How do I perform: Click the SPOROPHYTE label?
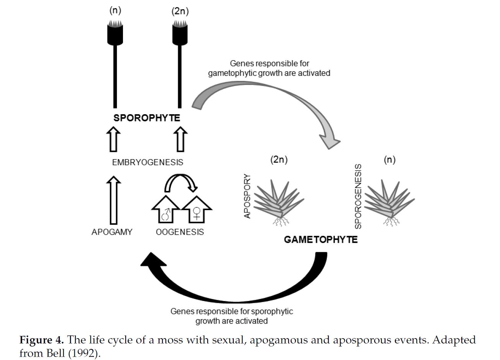point(146,118)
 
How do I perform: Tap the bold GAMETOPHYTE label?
point(320,240)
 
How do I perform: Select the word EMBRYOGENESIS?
point(148,162)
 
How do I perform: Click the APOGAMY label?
point(112,232)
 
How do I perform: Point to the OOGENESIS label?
point(180,232)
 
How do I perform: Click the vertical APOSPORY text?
point(248,197)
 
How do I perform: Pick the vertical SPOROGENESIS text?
point(358,196)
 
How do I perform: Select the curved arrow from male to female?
point(180,182)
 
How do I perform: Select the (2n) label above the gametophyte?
point(279,159)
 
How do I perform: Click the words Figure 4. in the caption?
point(42,340)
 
